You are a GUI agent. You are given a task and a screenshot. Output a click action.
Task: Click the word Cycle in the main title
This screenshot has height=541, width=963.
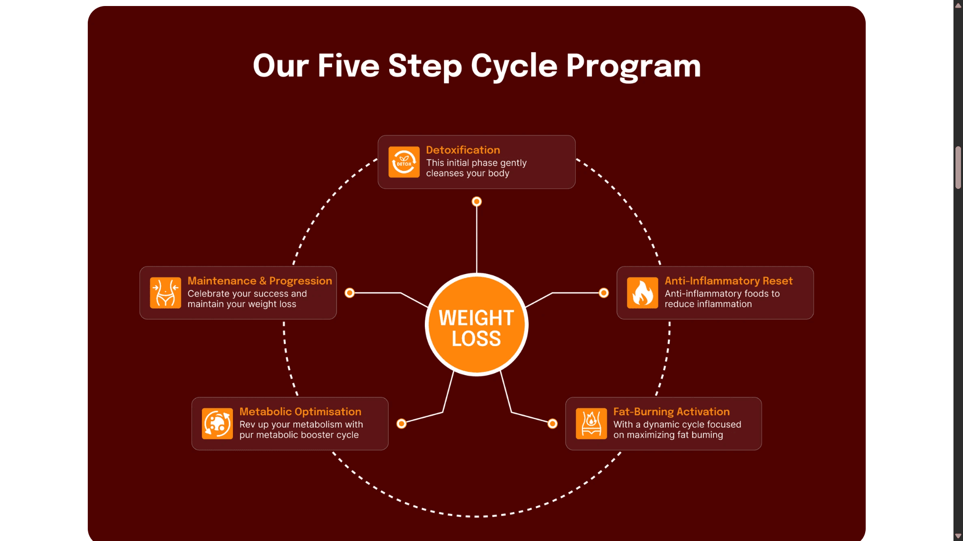(514, 67)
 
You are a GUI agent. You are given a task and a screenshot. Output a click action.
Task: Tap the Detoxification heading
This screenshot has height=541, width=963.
(463, 150)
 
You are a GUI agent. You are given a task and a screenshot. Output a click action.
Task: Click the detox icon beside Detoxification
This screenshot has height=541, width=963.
(404, 162)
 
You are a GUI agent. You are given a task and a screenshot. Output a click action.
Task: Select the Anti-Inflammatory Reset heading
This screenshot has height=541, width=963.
(729, 281)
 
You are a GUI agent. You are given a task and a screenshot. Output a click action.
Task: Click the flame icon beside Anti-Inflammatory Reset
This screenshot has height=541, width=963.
(643, 293)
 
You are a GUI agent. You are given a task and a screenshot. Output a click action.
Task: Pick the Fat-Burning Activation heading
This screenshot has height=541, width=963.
(672, 411)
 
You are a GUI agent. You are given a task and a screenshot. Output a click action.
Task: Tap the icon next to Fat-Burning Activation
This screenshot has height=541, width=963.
(591, 423)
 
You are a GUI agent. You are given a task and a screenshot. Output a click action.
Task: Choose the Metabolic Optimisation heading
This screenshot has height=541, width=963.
(300, 411)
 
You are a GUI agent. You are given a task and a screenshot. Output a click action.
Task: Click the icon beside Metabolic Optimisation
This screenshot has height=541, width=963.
(217, 423)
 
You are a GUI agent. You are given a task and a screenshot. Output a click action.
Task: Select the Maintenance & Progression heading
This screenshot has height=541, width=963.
(260, 281)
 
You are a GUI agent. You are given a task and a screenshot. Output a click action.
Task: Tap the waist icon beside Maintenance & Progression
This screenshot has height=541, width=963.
(166, 293)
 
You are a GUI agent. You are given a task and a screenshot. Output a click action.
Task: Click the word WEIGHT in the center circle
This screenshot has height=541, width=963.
(476, 318)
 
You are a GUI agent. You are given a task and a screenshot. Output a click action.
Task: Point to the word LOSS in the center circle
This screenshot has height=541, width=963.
(476, 339)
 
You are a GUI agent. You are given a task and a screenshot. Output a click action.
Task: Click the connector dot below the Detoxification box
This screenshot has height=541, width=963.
(476, 201)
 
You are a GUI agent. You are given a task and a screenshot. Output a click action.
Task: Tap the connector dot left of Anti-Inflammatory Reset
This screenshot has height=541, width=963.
(604, 293)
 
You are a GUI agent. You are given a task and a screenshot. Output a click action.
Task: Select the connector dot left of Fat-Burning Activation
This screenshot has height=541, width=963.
(552, 424)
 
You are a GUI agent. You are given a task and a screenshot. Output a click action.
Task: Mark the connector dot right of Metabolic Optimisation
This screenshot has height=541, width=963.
(401, 424)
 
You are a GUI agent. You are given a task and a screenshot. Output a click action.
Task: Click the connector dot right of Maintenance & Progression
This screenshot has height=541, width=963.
(350, 293)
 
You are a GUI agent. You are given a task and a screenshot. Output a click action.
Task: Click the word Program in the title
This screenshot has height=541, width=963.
(633, 67)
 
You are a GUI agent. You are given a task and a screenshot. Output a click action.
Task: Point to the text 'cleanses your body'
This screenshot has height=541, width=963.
(467, 173)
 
